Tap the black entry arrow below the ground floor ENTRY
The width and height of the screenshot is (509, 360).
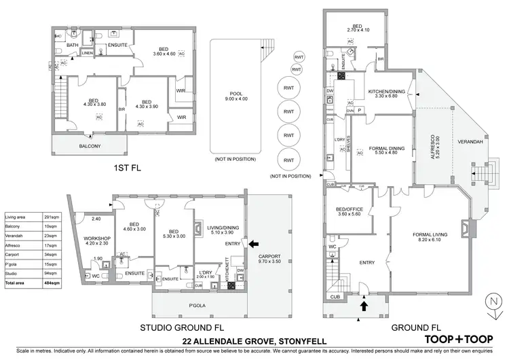coord(363,306)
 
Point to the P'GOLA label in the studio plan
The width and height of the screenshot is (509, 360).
coord(199,306)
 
